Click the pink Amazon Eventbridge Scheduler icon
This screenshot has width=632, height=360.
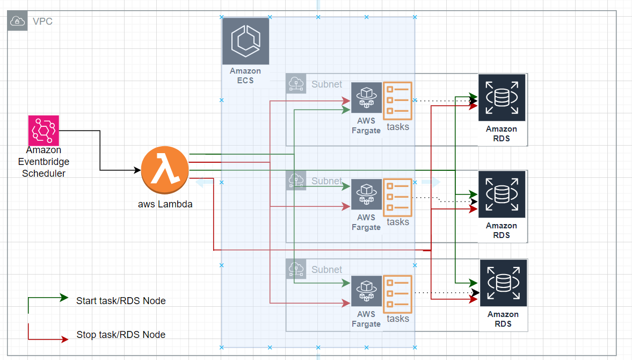[x=43, y=131]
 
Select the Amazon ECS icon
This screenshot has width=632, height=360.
[x=245, y=41]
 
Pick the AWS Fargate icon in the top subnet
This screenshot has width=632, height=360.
[x=366, y=98]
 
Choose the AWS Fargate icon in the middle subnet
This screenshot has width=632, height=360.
[x=366, y=195]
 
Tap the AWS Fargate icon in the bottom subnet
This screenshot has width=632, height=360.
[x=366, y=291]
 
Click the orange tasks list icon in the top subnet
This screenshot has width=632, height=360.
[x=397, y=100]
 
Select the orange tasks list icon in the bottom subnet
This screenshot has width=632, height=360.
[x=397, y=294]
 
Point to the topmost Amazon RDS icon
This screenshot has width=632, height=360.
[x=502, y=98]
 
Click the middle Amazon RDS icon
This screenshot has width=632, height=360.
[x=502, y=195]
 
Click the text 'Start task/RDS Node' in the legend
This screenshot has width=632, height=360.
[x=121, y=301]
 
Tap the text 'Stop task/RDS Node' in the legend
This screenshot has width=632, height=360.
[x=121, y=335]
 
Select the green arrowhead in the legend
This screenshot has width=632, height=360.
[x=64, y=297]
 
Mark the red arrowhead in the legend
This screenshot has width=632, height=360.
[x=64, y=340]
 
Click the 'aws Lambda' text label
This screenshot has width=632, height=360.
[x=165, y=204]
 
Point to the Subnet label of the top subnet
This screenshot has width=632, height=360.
[x=326, y=84]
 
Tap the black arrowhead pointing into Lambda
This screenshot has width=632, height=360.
[x=137, y=170]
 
